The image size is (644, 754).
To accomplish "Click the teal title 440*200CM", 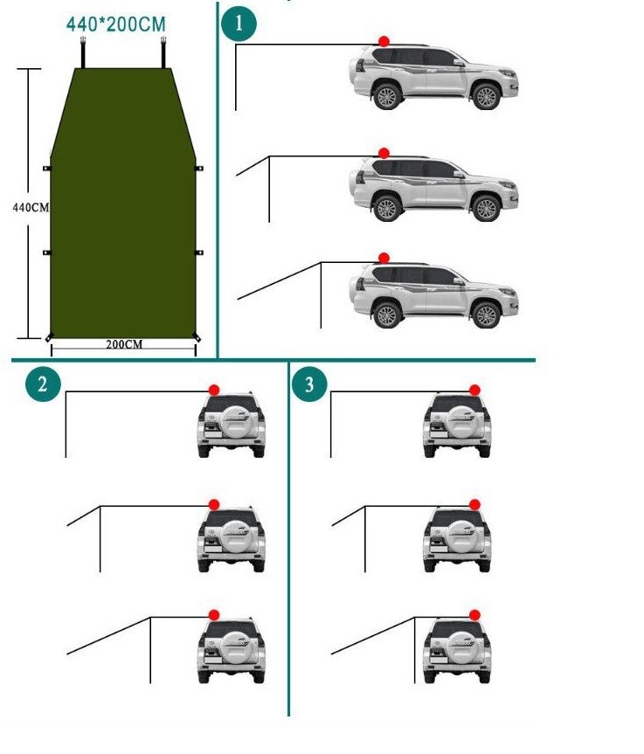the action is [116, 24].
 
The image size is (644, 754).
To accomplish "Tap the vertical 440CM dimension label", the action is [31, 207].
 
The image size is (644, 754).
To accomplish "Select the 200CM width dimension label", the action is [124, 344].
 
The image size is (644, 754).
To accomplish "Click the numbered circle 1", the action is [239, 24].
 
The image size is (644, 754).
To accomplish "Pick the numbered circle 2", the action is [44, 384].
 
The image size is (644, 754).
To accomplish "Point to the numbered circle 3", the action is [309, 384].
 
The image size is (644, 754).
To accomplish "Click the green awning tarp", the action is [123, 203].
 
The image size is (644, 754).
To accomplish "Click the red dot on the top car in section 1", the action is [384, 41].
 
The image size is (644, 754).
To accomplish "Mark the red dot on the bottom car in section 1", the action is [384, 259].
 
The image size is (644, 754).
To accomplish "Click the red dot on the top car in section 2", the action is [214, 390].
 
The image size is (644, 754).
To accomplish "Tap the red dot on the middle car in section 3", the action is [474, 504].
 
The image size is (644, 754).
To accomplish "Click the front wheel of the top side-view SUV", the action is [486, 97].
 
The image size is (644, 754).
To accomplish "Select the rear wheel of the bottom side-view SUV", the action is [387, 315].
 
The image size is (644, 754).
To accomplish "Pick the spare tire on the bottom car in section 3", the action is [460, 646].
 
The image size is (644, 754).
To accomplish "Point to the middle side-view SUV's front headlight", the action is [507, 184].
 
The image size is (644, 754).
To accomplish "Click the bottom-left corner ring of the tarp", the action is [49, 337].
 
